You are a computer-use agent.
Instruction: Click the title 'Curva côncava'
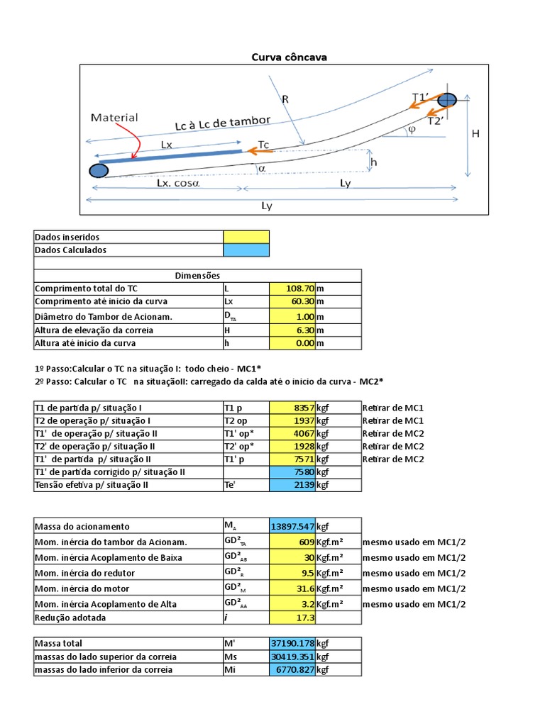[x=290, y=57]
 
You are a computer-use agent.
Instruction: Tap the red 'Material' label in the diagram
[x=114, y=118]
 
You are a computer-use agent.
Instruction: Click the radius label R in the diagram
[x=285, y=100]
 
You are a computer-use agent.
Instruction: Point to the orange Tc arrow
[x=257, y=150]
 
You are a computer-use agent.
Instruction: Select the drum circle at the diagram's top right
[x=446, y=101]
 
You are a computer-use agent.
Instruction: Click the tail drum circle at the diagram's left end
[x=99, y=170]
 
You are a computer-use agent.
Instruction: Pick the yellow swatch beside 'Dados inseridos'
[x=246, y=237]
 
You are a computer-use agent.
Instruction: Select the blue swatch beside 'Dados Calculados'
[x=246, y=250]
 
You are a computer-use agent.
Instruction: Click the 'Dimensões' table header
[x=197, y=275]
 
